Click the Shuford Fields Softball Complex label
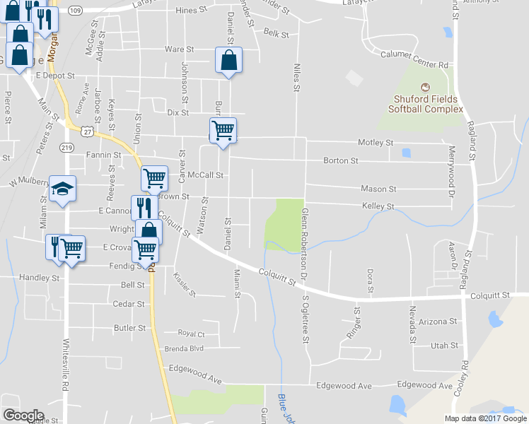(x=425, y=104)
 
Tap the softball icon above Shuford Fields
(x=424, y=87)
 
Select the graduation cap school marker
(x=62, y=189)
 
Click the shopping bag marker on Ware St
(x=228, y=61)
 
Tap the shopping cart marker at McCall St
(x=153, y=177)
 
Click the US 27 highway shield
(x=87, y=131)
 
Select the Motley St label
(x=376, y=143)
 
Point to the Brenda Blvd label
(x=184, y=348)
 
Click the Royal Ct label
(x=191, y=334)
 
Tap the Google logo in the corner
(x=23, y=415)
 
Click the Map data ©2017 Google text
(x=486, y=418)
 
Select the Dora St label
(x=369, y=281)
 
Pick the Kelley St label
(x=378, y=206)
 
